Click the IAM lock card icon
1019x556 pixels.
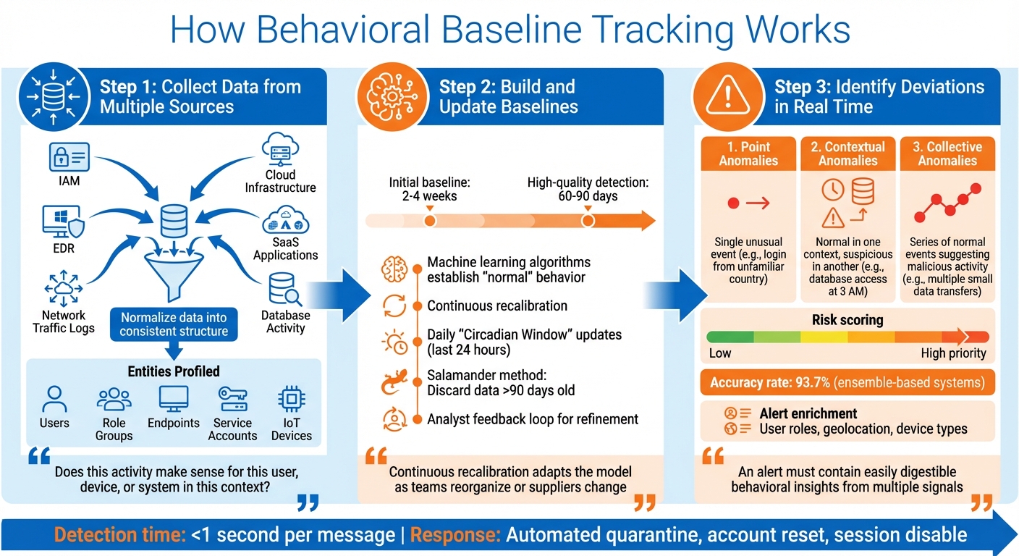(69, 156)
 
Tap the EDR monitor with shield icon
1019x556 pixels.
(64, 222)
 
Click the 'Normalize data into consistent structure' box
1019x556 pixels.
(174, 324)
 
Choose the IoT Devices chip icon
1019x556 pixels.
(291, 400)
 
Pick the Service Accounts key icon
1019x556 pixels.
(232, 400)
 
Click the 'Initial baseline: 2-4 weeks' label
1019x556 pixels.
(430, 189)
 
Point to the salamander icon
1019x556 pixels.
(394, 383)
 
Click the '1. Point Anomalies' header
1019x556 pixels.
(748, 153)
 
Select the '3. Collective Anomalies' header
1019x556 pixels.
(947, 153)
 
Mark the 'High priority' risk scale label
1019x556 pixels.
(953, 353)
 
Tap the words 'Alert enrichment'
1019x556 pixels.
(808, 414)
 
